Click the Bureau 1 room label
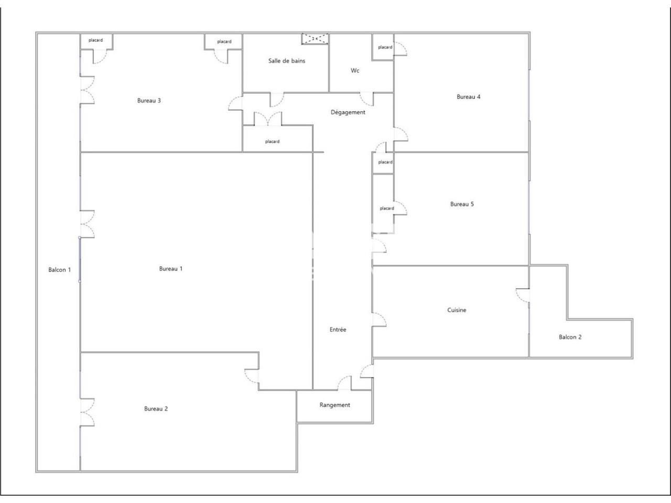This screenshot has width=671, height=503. tap(170, 269)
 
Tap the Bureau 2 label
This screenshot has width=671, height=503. tap(156, 409)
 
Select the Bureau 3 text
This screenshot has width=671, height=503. tap(149, 101)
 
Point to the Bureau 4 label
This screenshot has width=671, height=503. tap(468, 97)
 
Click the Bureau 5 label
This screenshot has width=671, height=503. tap(462, 204)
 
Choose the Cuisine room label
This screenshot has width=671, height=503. tap(457, 310)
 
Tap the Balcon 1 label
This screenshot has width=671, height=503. tap(59, 270)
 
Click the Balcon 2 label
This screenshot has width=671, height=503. tap(570, 337)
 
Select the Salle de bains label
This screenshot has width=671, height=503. tap(287, 61)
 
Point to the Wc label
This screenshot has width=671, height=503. tap(355, 71)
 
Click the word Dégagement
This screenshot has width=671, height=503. tap(348, 113)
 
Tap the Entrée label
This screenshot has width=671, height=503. tap(338, 330)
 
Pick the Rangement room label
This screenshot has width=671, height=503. tap(334, 405)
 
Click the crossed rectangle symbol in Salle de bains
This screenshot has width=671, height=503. tap(315, 38)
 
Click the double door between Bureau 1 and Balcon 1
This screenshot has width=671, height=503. tap(86, 224)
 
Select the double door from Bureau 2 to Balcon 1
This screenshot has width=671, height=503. tap(86, 412)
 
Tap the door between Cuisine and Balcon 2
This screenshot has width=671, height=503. tap(523, 296)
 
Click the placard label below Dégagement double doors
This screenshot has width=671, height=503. tap(272, 141)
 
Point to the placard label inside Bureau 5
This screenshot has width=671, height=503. tap(386, 209)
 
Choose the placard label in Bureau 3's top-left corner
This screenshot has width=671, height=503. tap(95, 40)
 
